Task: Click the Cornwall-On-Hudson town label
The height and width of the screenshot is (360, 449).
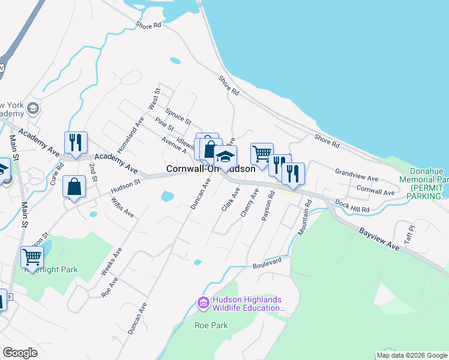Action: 210,169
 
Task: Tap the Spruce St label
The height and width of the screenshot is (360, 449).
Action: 178,116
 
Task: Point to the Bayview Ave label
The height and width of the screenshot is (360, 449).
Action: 379,239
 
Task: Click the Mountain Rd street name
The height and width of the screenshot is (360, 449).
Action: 306,217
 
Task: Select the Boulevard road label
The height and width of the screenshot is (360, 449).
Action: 267,265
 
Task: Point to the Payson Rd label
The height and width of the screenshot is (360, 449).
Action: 268,207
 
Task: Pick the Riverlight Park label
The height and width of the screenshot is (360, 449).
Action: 50,270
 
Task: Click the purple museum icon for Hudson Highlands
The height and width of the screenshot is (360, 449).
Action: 203,304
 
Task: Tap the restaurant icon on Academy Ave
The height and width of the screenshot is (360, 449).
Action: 76,142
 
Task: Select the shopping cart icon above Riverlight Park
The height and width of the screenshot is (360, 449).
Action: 32,257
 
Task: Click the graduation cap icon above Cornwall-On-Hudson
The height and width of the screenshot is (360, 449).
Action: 225,156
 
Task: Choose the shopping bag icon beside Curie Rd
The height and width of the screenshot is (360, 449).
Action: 74,187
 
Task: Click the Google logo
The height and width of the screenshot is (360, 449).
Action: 20,353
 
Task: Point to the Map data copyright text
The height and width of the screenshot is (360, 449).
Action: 412,355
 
